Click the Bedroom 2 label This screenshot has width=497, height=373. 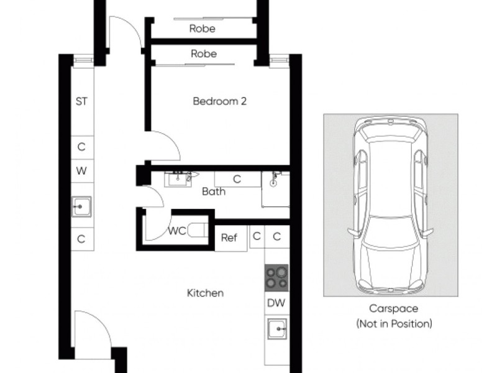[219, 101]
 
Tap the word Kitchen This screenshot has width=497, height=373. [205, 293]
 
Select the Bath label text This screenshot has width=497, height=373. [213, 191]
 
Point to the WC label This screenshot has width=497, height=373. [177, 232]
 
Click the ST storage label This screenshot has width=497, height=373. [81, 101]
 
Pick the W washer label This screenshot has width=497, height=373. [81, 170]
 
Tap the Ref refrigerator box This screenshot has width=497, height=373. [230, 238]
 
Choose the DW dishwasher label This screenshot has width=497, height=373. [276, 303]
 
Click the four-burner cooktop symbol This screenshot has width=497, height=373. [276, 277]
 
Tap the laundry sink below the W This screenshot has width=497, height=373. [81, 206]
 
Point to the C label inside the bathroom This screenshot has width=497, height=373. [237, 179]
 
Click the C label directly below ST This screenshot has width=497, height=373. [81, 147]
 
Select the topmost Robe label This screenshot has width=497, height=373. [203, 29]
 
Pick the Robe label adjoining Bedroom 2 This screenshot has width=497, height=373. [204, 54]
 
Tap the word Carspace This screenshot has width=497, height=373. [393, 308]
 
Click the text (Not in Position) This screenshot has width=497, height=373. [393, 323]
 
